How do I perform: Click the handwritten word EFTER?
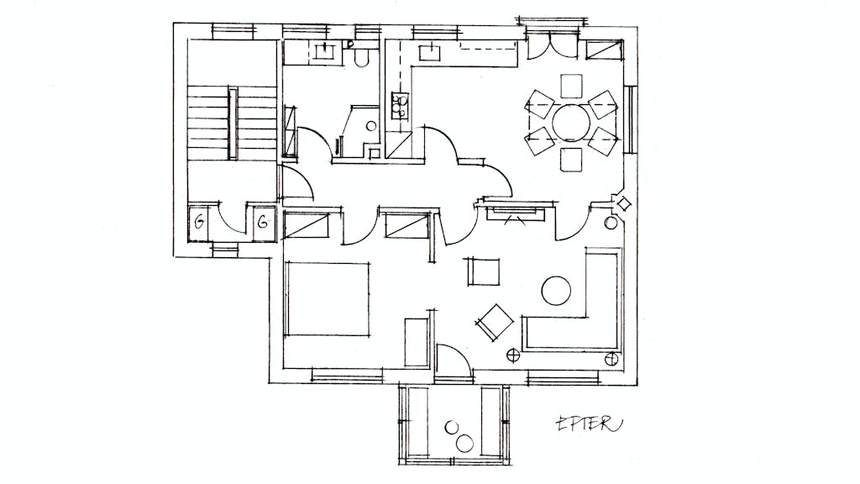coord(590,423)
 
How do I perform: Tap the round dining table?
coord(571,123)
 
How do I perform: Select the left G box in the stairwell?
coord(198,223)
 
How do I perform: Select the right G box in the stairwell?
coord(264,222)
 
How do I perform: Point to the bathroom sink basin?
coord(326,51)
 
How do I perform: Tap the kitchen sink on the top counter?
coord(430,53)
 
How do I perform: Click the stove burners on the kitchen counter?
coord(400,105)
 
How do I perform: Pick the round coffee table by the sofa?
coord(556,290)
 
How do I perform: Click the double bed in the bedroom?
coord(327,300)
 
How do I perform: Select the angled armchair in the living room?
coord(494,323)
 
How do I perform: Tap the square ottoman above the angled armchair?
coord(484,271)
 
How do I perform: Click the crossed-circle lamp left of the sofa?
coord(513,356)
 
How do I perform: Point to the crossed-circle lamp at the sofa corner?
coord(611,360)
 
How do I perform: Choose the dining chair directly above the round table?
coord(571,86)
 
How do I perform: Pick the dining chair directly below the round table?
coord(571,160)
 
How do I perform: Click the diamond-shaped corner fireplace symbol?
coord(624,204)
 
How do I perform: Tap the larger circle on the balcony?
coord(464,442)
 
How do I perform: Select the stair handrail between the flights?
coord(233,123)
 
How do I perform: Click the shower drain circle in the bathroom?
coord(370,126)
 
